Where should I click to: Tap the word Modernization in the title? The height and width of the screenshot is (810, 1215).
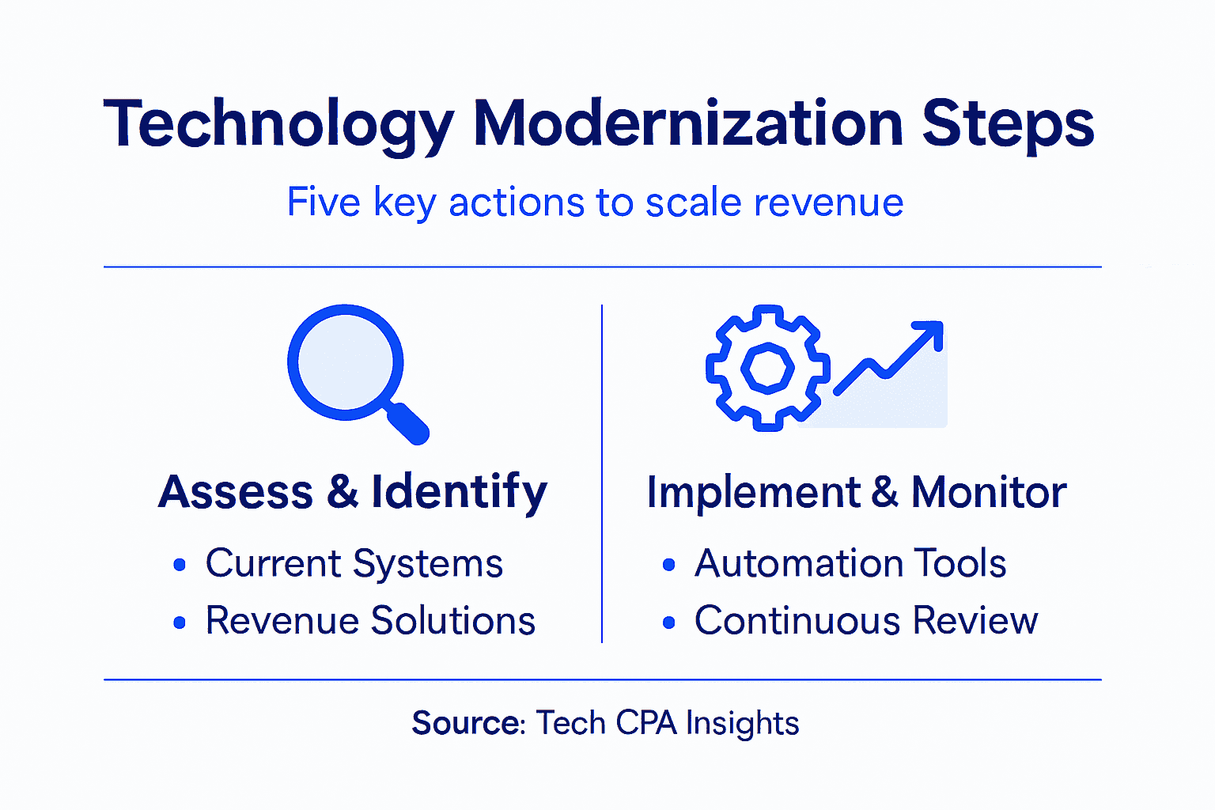tap(687, 123)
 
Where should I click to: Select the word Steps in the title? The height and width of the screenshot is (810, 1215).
tap(1008, 125)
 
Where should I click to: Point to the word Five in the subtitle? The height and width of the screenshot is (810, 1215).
tap(323, 202)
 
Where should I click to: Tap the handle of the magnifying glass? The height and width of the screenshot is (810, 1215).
tap(408, 423)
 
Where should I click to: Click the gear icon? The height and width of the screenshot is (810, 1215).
tap(766, 368)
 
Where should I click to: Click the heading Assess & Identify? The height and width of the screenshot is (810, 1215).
tap(353, 491)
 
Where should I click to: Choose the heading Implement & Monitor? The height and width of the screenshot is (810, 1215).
tap(856, 492)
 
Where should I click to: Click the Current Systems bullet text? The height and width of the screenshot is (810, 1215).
tap(354, 564)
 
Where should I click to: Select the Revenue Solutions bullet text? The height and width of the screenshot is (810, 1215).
tap(370, 621)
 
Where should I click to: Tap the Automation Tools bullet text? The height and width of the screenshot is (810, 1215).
tap(850, 564)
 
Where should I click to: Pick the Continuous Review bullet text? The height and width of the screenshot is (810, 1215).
tap(866, 621)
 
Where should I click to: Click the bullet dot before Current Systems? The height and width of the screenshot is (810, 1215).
tap(180, 565)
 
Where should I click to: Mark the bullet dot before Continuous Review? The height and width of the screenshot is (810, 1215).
tap(669, 623)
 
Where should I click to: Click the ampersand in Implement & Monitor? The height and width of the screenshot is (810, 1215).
tap(885, 492)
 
